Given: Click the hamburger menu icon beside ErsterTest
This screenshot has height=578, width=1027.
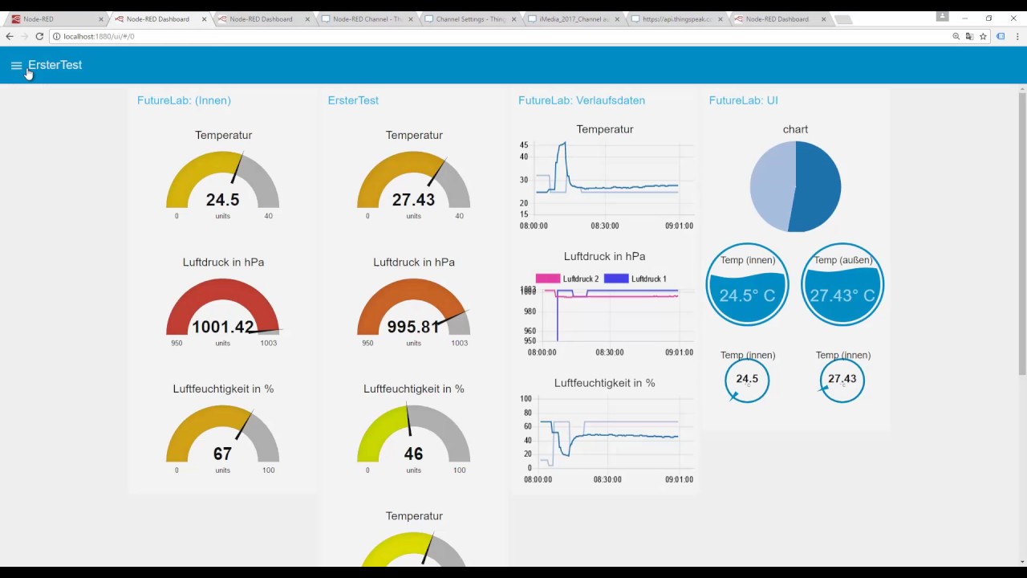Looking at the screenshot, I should tap(16, 66).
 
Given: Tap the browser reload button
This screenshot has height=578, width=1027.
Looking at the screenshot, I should tap(39, 36).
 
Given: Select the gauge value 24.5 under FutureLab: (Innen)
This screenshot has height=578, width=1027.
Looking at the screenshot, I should tap(223, 200).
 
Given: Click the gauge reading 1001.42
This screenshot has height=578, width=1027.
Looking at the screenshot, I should tap(222, 327).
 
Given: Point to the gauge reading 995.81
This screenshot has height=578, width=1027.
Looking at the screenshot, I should tap(413, 327).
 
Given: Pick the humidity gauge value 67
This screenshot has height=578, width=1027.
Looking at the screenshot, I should tap(222, 454).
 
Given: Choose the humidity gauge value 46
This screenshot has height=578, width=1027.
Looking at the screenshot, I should tap(413, 454).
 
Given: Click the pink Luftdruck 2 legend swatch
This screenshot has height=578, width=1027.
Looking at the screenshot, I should tap(547, 279).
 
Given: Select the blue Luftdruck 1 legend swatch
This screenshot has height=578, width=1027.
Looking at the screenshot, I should tap(615, 279).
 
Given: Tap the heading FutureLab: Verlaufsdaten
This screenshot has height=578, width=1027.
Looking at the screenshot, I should tap(582, 100).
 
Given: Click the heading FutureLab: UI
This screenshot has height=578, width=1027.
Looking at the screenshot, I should tap(743, 100).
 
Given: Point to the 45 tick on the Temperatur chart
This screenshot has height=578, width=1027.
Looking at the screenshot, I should tap(524, 145).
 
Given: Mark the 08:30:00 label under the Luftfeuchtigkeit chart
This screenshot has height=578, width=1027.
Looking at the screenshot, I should tap(607, 480).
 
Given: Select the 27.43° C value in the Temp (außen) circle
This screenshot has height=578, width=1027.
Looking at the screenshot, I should tap(842, 295).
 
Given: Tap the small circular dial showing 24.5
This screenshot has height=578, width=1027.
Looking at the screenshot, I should tap(747, 380).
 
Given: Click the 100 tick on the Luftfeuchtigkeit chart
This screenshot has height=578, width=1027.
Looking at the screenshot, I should tap(526, 399).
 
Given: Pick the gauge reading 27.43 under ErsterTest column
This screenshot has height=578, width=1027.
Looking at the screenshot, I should tap(413, 200).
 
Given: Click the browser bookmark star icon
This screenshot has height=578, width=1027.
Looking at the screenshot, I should tap(983, 36).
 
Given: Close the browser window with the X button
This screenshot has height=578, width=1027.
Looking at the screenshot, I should tap(1013, 18).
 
